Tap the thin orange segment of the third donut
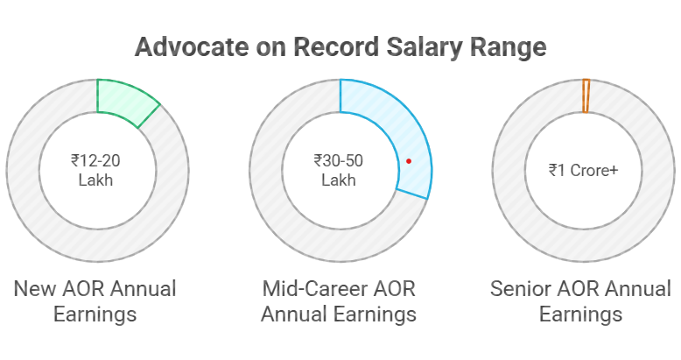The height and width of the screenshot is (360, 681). tap(586, 95)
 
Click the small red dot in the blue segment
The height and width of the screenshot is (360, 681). tap(408, 161)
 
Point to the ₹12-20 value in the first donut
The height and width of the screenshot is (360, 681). tap(95, 160)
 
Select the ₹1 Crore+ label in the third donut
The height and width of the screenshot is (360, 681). tap(583, 170)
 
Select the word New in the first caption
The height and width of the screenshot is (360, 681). tap(33, 289)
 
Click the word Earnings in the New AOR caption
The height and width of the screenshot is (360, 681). tap(95, 314)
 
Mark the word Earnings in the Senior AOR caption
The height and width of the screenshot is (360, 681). tap(580, 314)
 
